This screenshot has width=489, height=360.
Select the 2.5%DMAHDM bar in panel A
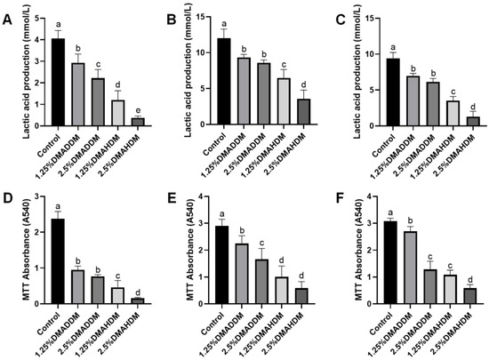pyautogui.click(x=137, y=121)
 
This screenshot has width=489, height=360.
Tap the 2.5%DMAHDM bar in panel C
pyautogui.click(x=467, y=120)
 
